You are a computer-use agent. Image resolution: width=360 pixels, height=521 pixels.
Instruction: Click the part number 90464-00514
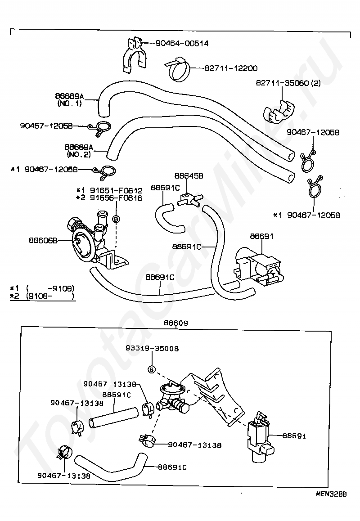point(182,43)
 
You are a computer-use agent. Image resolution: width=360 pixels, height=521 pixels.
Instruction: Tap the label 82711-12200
point(231,68)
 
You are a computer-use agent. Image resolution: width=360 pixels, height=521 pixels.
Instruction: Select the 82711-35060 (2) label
point(288,83)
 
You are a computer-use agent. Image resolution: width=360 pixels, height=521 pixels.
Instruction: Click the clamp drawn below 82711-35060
point(280,111)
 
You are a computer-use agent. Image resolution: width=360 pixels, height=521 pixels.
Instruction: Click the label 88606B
point(43,240)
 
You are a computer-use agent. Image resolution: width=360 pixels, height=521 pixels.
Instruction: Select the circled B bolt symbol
point(116,219)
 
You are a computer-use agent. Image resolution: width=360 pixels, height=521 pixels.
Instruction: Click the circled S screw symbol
point(152,369)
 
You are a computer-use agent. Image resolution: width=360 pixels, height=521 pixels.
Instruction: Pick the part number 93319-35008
point(152,349)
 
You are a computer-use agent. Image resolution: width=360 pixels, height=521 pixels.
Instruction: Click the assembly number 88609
point(176,323)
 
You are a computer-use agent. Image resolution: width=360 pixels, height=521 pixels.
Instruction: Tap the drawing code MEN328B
point(331,494)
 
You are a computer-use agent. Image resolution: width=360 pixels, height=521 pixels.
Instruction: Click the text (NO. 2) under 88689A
point(78,154)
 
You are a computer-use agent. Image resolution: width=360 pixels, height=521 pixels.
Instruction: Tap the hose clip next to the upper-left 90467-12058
point(100,128)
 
